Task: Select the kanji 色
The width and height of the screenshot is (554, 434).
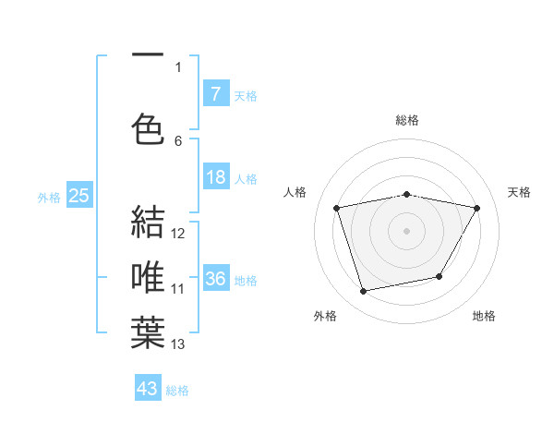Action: [148, 128]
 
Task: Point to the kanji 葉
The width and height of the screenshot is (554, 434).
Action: [148, 332]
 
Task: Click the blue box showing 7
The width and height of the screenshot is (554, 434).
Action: [215, 93]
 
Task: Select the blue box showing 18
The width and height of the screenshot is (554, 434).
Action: [215, 178]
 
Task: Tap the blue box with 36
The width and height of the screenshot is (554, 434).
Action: [215, 279]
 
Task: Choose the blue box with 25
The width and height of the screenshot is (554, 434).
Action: [78, 195]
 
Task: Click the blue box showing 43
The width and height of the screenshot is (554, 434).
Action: [148, 389]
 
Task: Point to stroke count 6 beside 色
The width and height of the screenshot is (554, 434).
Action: [178, 140]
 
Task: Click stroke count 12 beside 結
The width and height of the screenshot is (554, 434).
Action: [178, 234]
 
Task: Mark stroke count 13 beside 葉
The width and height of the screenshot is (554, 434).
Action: [178, 344]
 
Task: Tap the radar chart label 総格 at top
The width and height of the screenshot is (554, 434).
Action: [406, 120]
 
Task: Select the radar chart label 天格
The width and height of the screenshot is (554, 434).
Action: [520, 192]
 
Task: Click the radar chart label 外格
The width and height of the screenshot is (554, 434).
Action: [325, 316]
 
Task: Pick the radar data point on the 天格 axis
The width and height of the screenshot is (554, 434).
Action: [476, 208]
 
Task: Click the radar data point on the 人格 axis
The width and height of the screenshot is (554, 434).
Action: [337, 208]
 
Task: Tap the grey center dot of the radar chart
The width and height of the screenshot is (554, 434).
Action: [406, 230]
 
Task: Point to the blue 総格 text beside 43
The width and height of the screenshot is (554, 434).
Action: [177, 391]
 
